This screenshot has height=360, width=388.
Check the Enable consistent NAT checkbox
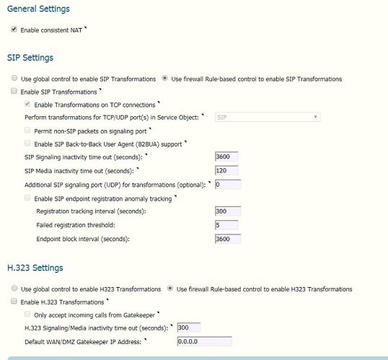14,30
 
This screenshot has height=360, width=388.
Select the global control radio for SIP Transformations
14,79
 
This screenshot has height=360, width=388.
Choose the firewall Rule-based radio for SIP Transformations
165,79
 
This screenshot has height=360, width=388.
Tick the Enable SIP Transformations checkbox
14,92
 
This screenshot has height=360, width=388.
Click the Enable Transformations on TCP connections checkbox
27,105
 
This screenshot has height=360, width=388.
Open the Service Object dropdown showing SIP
267,117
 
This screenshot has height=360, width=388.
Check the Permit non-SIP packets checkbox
27,131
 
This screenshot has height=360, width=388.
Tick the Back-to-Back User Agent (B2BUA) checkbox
27,144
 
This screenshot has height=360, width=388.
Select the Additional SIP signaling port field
228,185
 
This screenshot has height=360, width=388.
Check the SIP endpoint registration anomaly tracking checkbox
27,198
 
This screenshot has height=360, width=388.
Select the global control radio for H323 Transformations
14,289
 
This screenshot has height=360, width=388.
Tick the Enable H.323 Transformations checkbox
14,302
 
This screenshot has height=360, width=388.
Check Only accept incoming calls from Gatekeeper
27,315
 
